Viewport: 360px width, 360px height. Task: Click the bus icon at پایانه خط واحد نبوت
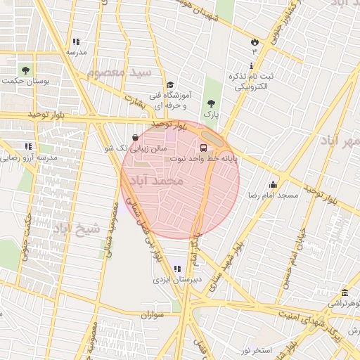(203, 148)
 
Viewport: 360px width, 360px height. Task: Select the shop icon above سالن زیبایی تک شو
(136, 138)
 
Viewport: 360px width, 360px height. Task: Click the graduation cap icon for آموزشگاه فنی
(169, 84)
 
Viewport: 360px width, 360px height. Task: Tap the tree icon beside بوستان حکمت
(26, 70)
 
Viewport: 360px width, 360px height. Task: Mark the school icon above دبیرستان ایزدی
(175, 268)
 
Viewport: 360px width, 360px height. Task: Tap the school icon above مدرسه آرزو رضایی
(28, 146)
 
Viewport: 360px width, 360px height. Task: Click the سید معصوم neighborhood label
(120, 72)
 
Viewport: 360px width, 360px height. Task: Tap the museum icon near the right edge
(345, 293)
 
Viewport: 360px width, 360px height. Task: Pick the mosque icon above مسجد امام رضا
(273, 184)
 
